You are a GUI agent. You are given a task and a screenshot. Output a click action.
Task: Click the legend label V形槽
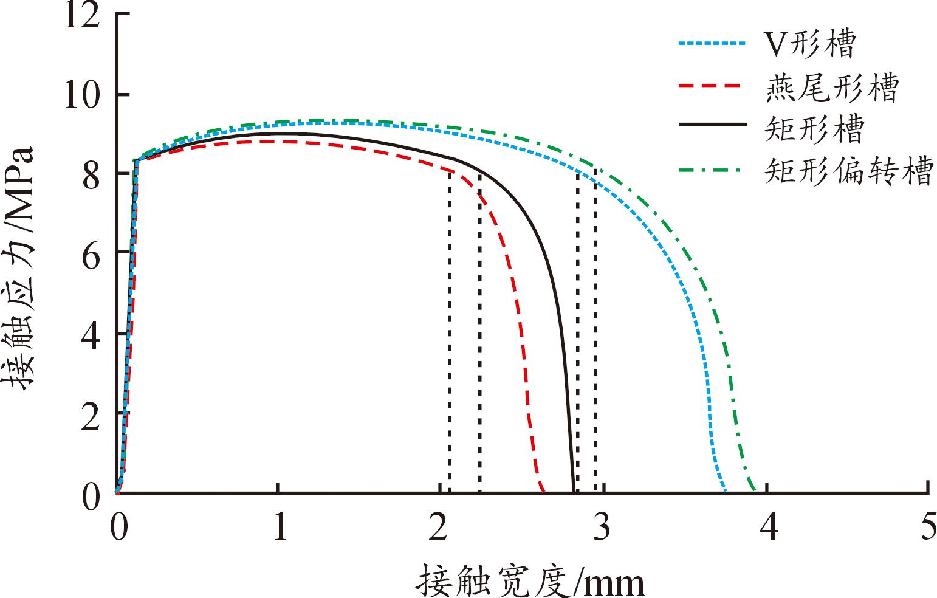point(809,44)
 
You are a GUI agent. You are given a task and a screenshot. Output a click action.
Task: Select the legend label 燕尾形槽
point(831,88)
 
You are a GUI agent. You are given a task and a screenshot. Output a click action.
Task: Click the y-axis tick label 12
point(83,15)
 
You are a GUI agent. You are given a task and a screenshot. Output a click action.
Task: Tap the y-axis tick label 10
point(83,96)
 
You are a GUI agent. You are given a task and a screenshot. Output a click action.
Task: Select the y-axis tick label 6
point(90,253)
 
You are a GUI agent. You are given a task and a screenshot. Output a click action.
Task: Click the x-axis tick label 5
point(928,528)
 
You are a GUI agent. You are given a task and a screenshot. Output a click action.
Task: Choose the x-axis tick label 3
point(603,528)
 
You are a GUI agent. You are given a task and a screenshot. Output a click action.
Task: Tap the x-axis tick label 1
point(279,528)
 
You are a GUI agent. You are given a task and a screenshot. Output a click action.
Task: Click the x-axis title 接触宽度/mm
point(530,580)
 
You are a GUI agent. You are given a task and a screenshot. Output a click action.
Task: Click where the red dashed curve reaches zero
point(543,490)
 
